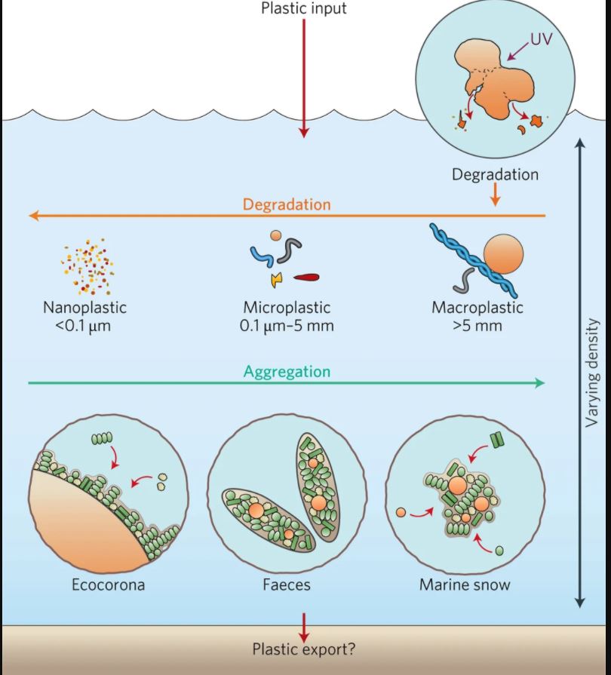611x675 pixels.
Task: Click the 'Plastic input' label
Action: pos(303,9)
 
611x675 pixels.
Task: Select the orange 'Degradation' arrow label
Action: pos(287,204)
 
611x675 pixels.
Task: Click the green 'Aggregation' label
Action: pos(287,372)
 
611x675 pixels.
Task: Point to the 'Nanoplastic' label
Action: pos(84,308)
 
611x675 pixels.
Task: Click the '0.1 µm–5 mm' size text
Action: pos(287,326)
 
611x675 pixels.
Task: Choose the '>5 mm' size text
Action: pos(477,326)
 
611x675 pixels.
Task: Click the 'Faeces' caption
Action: pos(287,584)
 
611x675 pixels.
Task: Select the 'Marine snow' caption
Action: pos(465,584)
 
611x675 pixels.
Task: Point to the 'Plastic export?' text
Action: pos(303,649)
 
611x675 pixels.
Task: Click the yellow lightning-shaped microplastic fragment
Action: pos(277,280)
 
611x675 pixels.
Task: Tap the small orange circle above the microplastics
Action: pos(276,235)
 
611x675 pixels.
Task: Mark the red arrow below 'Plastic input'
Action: pos(303,75)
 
